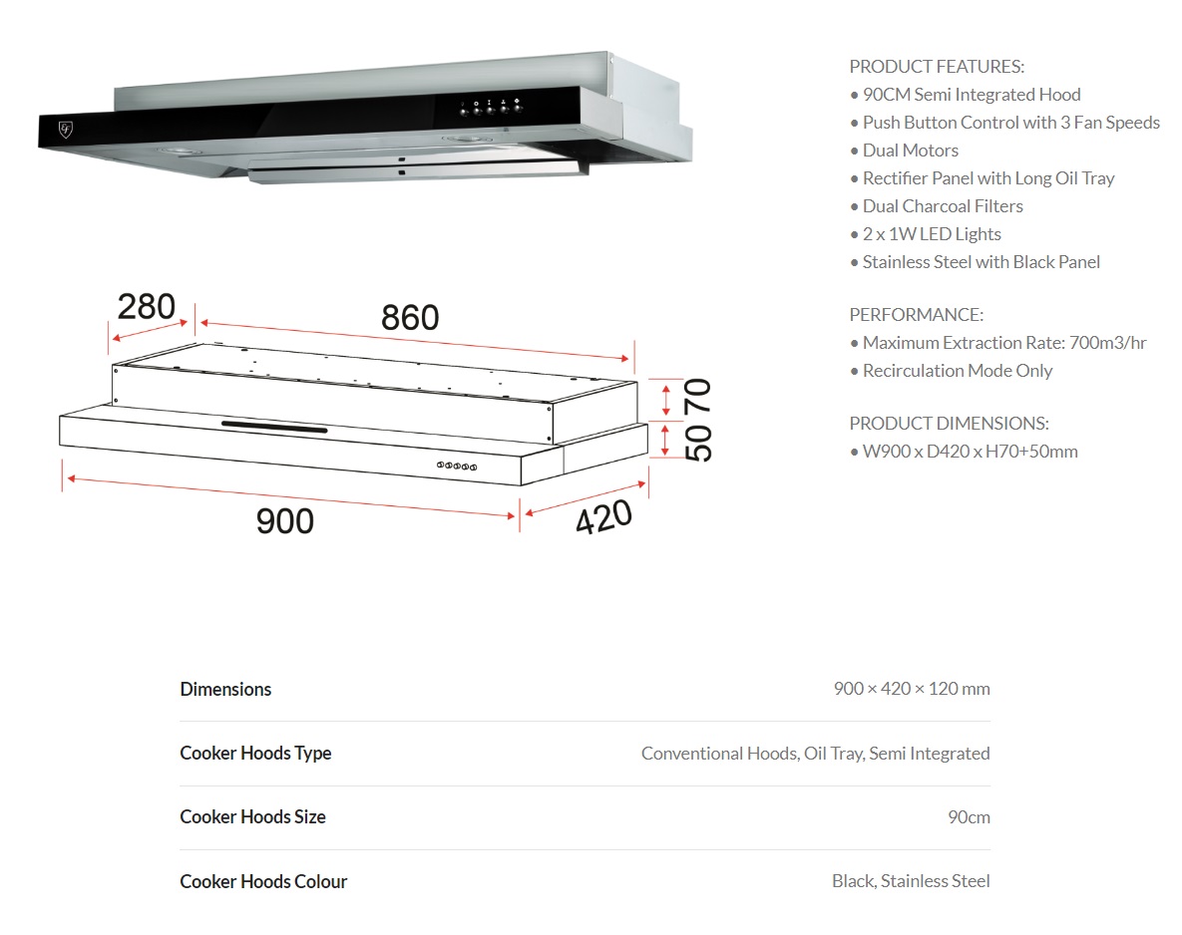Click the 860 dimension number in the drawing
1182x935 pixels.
point(410,318)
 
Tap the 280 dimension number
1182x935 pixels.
point(147,307)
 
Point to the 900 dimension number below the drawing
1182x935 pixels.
point(285,520)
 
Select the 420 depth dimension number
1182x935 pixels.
point(603,517)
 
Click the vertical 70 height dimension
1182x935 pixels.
point(698,397)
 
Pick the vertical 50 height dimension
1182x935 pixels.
point(699,442)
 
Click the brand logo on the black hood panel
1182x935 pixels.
point(65,129)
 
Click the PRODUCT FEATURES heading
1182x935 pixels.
point(937,67)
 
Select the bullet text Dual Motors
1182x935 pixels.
point(910,151)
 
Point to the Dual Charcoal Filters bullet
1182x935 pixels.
point(942,206)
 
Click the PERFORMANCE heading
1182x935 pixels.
point(916,315)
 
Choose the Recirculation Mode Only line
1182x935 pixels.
point(957,371)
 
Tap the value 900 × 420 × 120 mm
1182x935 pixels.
point(912,689)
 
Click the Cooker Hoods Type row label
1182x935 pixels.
point(255,754)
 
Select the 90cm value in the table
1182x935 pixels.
point(969,817)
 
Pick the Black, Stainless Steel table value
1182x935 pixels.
point(911,881)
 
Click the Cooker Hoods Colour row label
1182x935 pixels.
point(263,882)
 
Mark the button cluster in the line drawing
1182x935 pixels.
point(458,466)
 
